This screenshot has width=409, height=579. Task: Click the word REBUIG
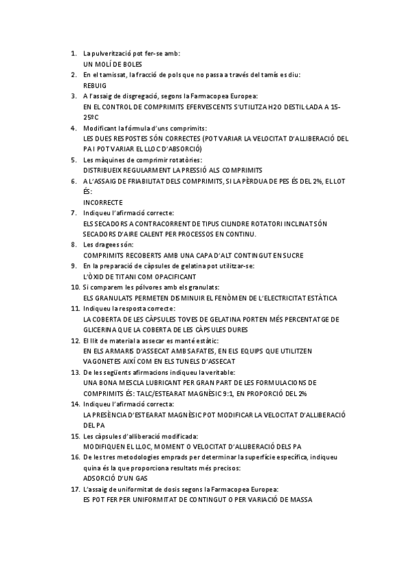coord(94,86)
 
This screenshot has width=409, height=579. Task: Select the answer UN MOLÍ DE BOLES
coord(113,63)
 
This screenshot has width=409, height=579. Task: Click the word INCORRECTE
coord(102,202)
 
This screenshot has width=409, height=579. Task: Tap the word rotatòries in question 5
coord(168,159)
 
